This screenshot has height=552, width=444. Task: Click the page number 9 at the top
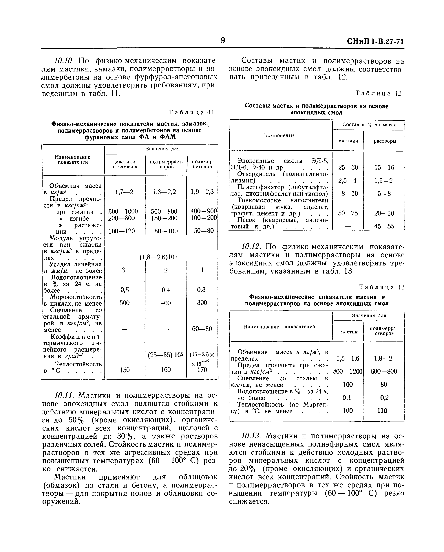[222, 40]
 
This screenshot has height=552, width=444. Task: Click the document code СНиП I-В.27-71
[375, 41]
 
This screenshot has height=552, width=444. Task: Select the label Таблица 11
[191, 112]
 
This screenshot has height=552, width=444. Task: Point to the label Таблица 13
[381, 287]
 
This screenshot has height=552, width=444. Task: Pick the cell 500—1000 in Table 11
[123, 211]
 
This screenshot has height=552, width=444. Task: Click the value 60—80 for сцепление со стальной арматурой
[202, 329]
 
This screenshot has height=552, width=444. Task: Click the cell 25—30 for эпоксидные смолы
[348, 167]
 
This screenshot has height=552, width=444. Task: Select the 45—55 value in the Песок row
[384, 226]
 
